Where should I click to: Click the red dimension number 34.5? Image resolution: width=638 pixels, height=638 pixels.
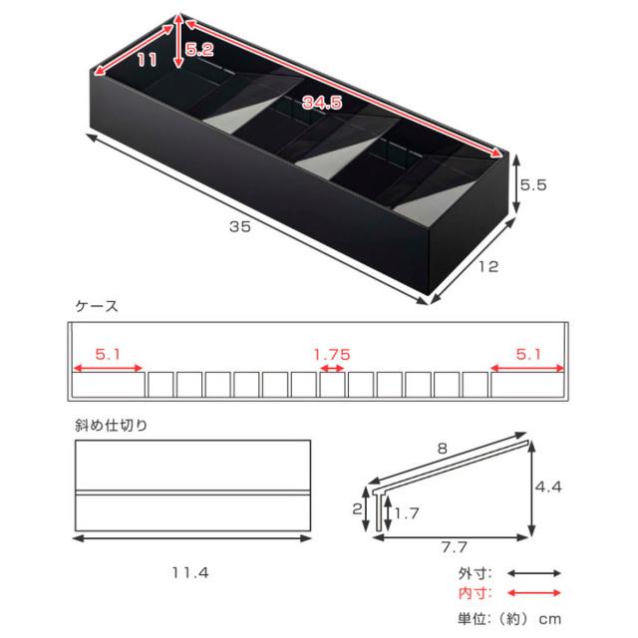[x=322, y=102]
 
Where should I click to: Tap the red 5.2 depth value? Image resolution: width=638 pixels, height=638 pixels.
[x=199, y=50]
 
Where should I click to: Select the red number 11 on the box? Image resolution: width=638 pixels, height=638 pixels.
[x=147, y=60]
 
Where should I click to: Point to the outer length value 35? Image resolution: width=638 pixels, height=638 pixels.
[x=240, y=226]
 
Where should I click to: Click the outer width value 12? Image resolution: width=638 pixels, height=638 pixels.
[x=488, y=266]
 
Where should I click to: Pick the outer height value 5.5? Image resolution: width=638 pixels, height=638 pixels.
[x=533, y=185]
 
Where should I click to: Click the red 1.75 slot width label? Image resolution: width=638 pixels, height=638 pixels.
[x=332, y=355]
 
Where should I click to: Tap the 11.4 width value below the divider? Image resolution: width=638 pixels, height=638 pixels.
[x=190, y=573]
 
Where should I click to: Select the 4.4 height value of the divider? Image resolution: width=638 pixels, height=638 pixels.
[x=548, y=486]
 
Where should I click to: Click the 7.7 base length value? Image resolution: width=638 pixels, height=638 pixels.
[x=455, y=547]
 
